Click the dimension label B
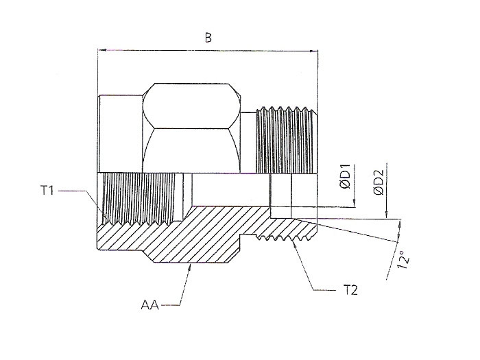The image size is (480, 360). [x=208, y=38]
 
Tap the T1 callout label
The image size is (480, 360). [x=47, y=191]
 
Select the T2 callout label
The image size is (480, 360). [x=350, y=289]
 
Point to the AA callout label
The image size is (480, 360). [x=150, y=305]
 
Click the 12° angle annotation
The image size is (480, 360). [x=403, y=260]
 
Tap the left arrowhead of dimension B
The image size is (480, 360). [x=101, y=49]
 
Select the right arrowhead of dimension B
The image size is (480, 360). [x=314, y=51]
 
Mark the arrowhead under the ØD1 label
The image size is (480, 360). [x=355, y=204]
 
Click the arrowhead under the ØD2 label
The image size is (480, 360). [x=387, y=215]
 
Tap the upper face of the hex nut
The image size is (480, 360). [x=191, y=106]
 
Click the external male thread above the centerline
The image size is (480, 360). [x=287, y=140]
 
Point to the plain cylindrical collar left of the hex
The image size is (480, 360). [x=120, y=134]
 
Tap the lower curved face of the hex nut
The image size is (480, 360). [x=191, y=150]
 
